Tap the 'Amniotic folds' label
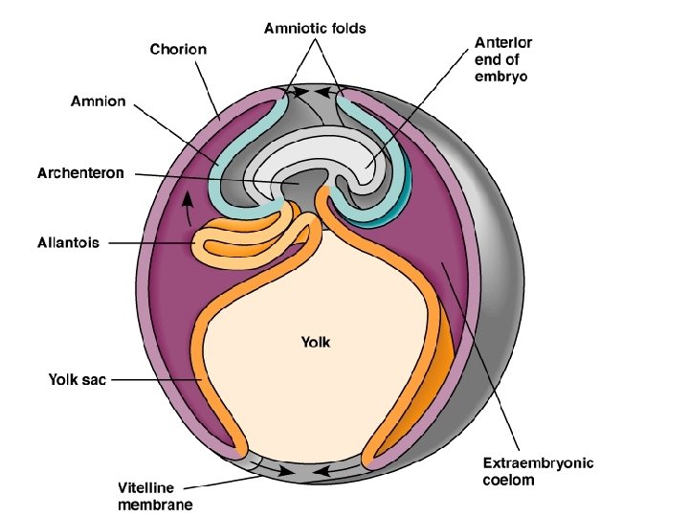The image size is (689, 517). pyautogui.click(x=314, y=29)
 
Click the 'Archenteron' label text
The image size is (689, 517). pyautogui.click(x=80, y=173)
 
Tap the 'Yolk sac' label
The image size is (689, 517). pyautogui.click(x=78, y=380)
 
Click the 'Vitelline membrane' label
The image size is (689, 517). pyautogui.click(x=154, y=495)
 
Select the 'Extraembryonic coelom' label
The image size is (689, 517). pyautogui.click(x=537, y=471)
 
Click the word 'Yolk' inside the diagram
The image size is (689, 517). pyautogui.click(x=317, y=341)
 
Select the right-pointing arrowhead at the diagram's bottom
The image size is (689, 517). pyautogui.click(x=286, y=472)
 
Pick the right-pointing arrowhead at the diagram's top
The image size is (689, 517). pyautogui.click(x=302, y=93)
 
